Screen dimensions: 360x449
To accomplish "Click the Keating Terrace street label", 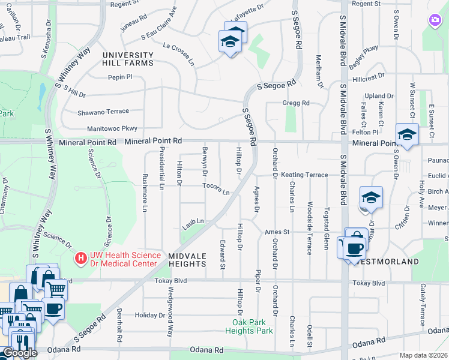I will click(x=305, y=175).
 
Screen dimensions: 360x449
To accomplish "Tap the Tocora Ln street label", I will click(x=216, y=188).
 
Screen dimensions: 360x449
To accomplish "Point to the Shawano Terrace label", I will click(x=103, y=112).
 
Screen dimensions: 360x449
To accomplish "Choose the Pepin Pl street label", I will click(x=120, y=77).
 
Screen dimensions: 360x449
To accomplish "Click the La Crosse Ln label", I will click(x=179, y=53).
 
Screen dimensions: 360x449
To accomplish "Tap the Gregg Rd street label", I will click(x=296, y=103).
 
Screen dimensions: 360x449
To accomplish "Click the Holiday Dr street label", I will click(x=145, y=315).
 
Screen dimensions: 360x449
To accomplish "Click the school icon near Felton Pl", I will click(x=406, y=134).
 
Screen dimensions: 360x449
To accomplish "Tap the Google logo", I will click(x=19, y=353).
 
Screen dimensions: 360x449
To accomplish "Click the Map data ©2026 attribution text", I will click(x=423, y=355).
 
